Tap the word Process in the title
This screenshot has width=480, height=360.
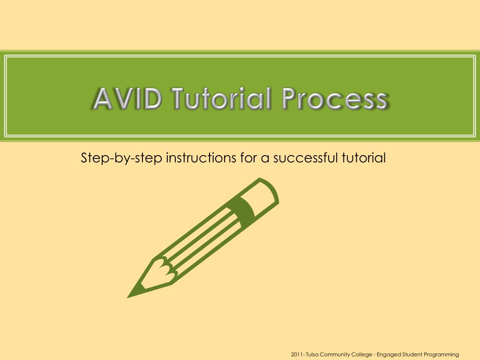pos(335,99)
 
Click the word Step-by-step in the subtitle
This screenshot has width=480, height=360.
pos(121,158)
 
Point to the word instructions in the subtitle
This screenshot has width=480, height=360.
pos(200,157)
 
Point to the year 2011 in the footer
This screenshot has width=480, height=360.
pos(297,354)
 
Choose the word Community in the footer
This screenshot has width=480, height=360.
pos(336,354)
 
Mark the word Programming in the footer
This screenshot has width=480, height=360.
pos(441,354)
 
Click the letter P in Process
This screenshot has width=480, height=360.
pos(290,99)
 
